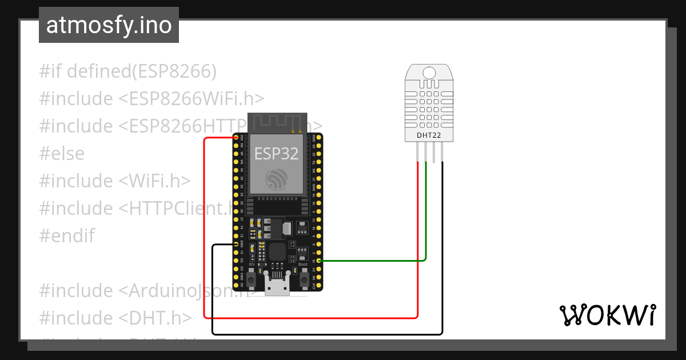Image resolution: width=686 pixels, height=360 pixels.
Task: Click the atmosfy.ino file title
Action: (109, 25)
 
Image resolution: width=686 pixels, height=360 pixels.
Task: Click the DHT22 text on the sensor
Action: (430, 135)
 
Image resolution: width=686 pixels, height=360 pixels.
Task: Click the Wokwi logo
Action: (607, 315)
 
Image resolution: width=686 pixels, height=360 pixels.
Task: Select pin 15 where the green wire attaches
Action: (319, 261)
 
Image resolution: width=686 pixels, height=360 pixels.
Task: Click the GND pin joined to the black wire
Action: (236, 245)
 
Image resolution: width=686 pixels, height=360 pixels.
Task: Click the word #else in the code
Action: (62, 153)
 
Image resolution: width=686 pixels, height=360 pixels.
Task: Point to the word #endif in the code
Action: (67, 235)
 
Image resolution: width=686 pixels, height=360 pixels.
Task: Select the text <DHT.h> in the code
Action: (155, 318)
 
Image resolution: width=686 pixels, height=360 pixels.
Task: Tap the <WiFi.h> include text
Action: (154, 181)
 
